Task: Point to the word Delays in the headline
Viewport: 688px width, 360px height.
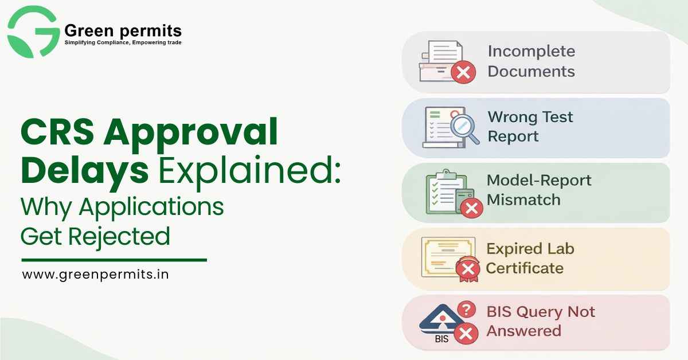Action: (84, 170)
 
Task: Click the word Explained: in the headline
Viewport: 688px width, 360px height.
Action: (248, 170)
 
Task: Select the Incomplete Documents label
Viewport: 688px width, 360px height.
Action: (531, 61)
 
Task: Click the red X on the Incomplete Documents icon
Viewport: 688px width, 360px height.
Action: (463, 72)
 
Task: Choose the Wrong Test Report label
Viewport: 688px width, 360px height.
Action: (530, 127)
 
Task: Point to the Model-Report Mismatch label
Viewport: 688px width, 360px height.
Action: (538, 190)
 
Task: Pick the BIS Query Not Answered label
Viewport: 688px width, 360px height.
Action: (540, 321)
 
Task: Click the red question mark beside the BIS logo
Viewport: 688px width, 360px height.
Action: (468, 310)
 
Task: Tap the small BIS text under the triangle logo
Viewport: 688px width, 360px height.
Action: (441, 339)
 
